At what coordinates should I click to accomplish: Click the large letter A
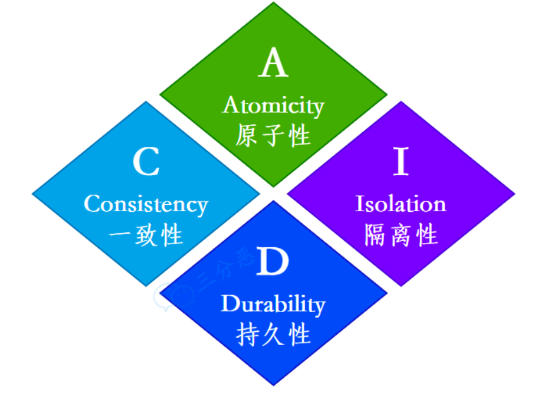273,64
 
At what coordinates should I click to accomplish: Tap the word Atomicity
274,106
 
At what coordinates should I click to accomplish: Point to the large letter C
146,162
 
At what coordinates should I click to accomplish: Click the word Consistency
146,205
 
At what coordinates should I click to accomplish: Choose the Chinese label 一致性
146,235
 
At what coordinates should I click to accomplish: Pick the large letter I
401,162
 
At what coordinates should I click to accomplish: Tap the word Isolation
401,204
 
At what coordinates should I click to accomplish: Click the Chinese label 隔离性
401,235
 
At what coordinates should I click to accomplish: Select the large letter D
273,262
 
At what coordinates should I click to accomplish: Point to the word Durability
273,305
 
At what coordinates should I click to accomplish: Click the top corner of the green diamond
274,3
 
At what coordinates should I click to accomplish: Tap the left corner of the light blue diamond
32,194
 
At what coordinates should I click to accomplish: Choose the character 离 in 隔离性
401,235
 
